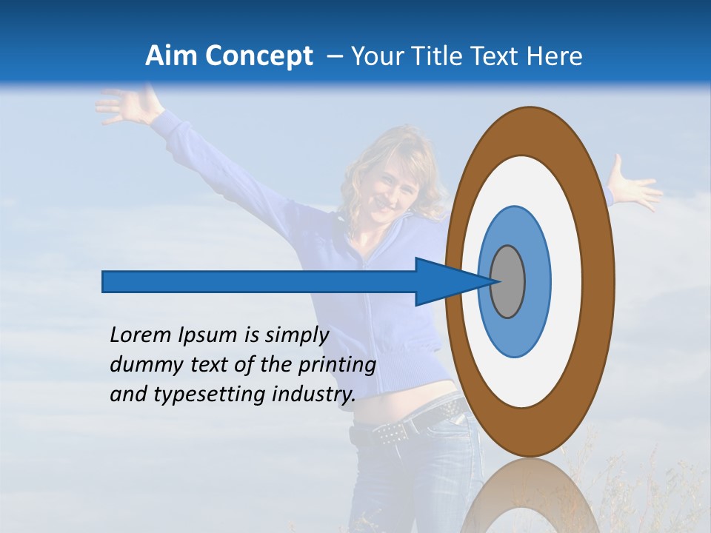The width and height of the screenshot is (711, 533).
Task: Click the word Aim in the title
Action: pyautogui.click(x=170, y=56)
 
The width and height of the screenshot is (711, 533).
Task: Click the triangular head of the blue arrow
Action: pyautogui.click(x=444, y=282)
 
